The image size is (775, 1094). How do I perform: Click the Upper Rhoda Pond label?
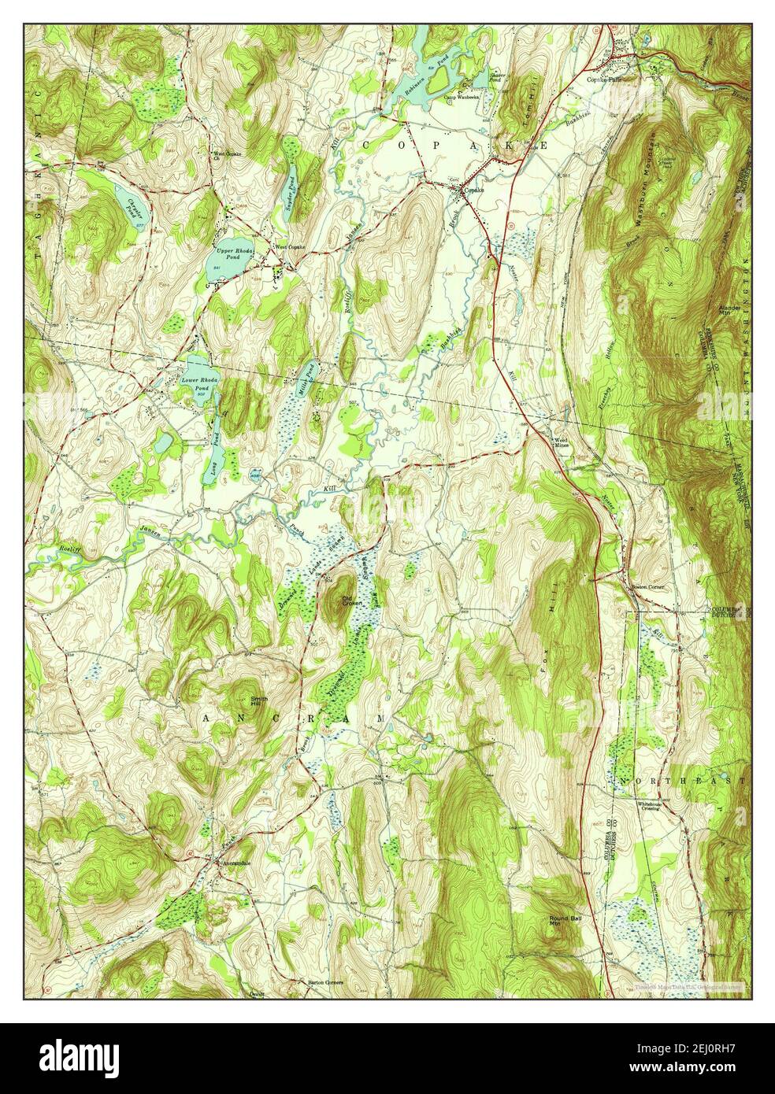tap(224, 253)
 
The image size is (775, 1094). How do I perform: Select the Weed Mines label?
tap(561, 442)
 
